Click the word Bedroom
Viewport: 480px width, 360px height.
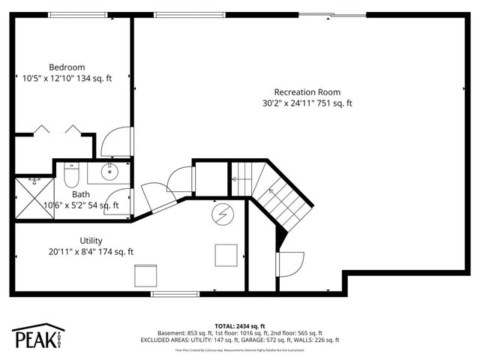pos(67,66)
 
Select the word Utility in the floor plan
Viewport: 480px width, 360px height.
pos(91,240)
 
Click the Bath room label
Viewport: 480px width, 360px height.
pos(81,194)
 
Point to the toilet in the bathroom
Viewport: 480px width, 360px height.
pos(72,176)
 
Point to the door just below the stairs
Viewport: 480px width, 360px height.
pos(290,263)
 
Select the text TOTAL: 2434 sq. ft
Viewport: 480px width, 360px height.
pos(240,326)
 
